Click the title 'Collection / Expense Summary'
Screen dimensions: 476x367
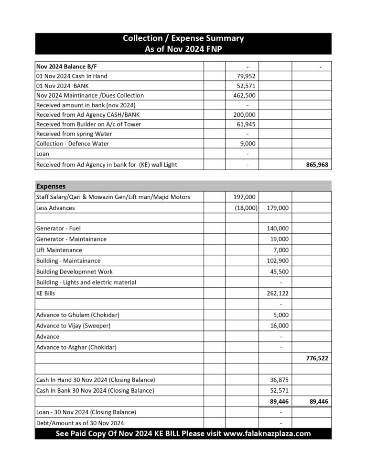(x=183, y=38)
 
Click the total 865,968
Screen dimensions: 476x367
(x=317, y=164)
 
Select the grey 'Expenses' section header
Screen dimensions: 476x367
(x=51, y=186)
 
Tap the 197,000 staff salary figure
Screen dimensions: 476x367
(x=244, y=197)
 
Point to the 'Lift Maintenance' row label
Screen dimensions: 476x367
(x=59, y=250)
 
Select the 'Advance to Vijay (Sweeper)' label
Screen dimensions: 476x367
(x=73, y=326)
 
